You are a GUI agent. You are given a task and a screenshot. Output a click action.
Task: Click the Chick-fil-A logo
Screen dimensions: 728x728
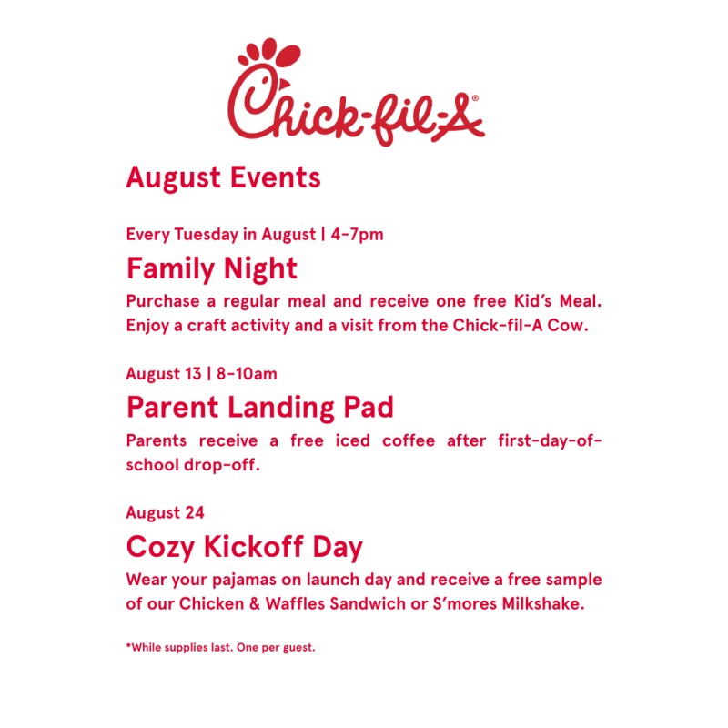pos(356,93)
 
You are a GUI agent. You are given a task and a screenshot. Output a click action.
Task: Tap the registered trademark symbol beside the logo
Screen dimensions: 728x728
pos(475,98)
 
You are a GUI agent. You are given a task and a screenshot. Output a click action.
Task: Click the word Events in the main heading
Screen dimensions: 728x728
pos(276,177)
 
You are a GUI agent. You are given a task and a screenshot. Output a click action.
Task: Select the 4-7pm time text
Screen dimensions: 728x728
pos(357,235)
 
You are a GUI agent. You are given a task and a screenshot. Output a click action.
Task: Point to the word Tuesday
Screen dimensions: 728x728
pos(207,235)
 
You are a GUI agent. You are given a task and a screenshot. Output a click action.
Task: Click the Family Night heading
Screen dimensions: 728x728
pos(212,268)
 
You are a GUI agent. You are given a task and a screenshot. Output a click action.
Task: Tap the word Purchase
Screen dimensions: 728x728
pos(163,301)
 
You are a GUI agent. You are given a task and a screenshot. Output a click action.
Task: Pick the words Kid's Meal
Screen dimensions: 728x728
pos(558,301)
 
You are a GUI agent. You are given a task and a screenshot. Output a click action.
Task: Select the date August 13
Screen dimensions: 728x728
pos(164,374)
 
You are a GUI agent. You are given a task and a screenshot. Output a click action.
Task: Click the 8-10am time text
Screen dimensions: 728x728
pos(247,374)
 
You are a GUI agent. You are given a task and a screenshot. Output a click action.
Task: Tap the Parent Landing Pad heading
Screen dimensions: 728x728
pos(260,408)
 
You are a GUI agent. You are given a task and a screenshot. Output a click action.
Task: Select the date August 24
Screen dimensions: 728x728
pos(165,513)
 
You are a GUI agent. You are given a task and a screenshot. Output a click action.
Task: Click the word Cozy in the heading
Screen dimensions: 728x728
pos(160,547)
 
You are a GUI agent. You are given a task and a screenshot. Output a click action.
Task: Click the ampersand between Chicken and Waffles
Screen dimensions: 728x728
pos(255,604)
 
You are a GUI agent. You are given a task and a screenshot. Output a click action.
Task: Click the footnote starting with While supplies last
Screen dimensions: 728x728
pos(220,647)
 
